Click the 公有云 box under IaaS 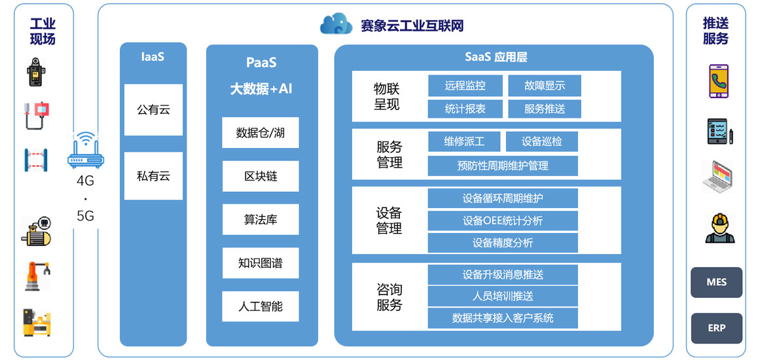coord(153,109)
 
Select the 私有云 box coord(153,175)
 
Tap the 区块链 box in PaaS coord(261,176)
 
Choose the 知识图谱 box coord(261,262)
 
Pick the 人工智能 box coord(261,306)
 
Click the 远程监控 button coord(465,86)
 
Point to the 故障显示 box coord(545,86)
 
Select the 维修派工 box coord(464,141)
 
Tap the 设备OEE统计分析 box coord(503,221)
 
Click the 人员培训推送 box coord(503,296)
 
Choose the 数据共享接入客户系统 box coord(503,318)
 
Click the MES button coord(717,283)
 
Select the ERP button coord(717,328)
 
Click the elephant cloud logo coord(336,24)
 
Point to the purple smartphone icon coord(718,81)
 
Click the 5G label coord(86,216)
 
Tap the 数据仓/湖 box coord(261,133)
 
